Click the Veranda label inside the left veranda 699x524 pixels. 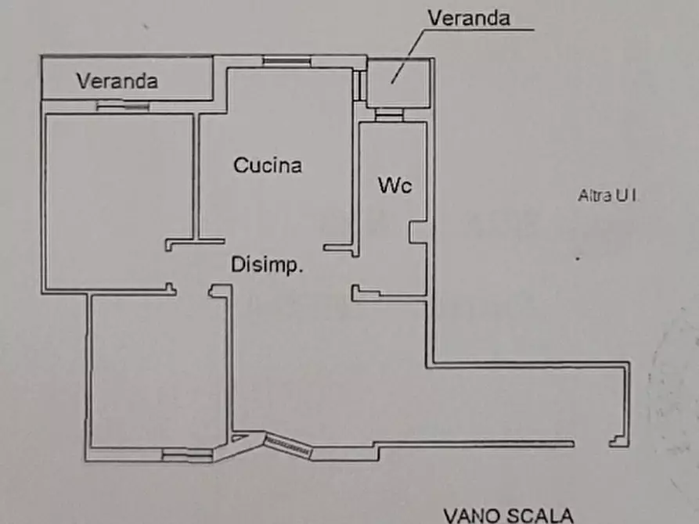tap(117, 81)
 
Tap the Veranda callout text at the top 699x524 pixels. tap(469, 18)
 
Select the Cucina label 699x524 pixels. tap(268, 166)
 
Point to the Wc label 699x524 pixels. tap(394, 186)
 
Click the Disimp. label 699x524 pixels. tap(267, 266)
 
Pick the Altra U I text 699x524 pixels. tap(607, 196)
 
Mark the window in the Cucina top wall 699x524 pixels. tap(286, 61)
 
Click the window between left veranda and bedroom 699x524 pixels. tap(123, 106)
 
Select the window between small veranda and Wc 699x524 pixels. tap(388, 114)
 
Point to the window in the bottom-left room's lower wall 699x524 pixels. tap(187, 453)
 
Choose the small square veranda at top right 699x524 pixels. tap(398, 84)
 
